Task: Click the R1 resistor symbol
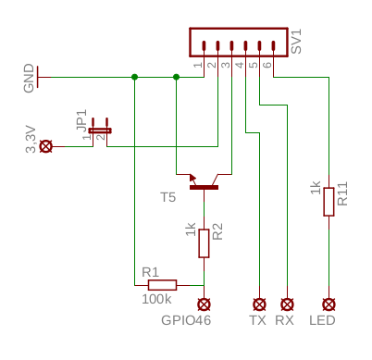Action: pos(162,285)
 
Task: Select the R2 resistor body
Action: pos(204,243)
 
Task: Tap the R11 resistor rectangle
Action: pos(329,202)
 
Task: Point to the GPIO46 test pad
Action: pos(204,304)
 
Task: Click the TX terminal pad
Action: pos(259,304)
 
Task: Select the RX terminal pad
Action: pos(287,304)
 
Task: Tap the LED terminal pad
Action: pos(329,304)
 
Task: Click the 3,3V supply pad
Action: pos(46,146)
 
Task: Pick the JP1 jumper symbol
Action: pos(100,130)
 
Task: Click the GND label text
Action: pos(29,78)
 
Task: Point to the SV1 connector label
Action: pos(296,42)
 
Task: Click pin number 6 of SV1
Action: pos(267,65)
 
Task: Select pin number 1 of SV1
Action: pos(198,65)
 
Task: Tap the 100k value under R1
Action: pos(156,299)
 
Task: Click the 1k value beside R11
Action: pos(316,188)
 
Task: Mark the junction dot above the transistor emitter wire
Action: pos(176,77)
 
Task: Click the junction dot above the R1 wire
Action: pos(134,77)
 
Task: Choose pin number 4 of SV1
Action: pos(240,65)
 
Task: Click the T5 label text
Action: pos(168,197)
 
